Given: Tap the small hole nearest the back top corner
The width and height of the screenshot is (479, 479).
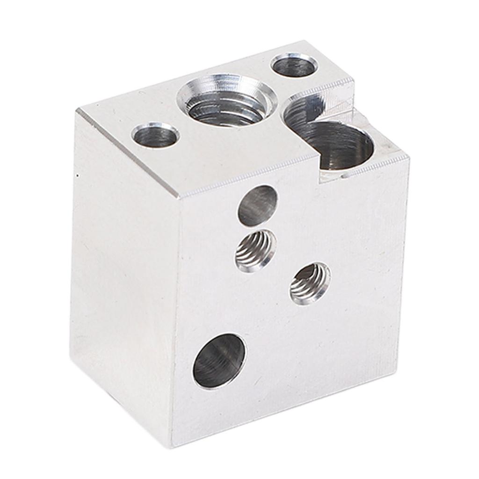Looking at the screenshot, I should (294, 65).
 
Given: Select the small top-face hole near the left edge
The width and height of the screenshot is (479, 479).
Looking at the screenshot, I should (155, 136).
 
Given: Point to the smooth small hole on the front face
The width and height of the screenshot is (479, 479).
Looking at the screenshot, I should (257, 205).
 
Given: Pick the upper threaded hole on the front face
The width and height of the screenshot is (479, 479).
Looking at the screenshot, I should (255, 250).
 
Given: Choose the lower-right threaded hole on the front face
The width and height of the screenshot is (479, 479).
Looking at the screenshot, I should (310, 283).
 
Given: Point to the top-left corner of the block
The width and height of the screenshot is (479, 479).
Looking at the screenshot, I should (78, 110).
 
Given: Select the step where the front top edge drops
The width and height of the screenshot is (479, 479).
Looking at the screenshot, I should (320, 175).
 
